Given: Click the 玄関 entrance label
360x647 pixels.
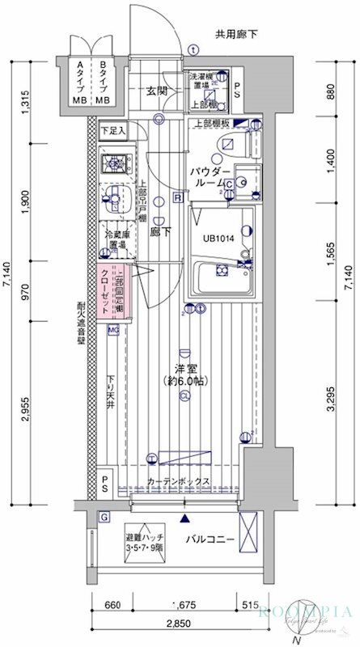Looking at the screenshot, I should tap(157, 91).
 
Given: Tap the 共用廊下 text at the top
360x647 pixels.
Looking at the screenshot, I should tap(236, 35).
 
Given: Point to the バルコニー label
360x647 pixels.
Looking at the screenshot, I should tap(207, 538).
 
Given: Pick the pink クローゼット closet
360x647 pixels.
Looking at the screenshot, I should tap(108, 293).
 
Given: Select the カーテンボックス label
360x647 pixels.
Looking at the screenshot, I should tap(180, 483).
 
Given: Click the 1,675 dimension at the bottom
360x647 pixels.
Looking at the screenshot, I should tap(185, 605).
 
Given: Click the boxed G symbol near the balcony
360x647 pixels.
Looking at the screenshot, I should tap(104, 517).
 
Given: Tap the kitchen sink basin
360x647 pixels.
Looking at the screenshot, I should tap(113, 197).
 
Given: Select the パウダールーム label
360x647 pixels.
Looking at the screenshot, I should tap(212, 178).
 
